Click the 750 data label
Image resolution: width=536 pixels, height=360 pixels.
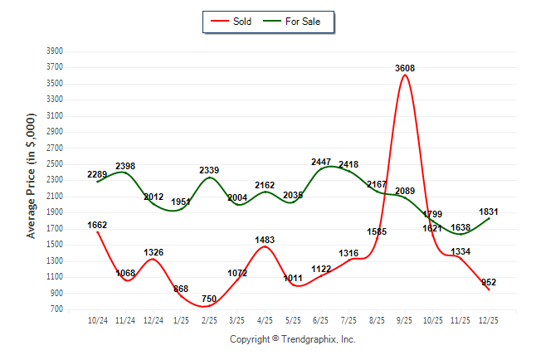[x=209, y=299]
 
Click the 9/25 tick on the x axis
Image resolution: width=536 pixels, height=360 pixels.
[x=405, y=319]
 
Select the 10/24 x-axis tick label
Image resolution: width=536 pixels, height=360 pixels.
[x=98, y=319]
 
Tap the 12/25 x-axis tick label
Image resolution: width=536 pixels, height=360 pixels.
[x=489, y=319]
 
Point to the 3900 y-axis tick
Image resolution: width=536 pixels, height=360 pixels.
[x=56, y=51]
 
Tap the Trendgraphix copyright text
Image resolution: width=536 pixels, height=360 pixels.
[x=292, y=339]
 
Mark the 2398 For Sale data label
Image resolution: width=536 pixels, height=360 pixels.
[x=125, y=166]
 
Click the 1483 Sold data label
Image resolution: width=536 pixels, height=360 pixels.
[x=266, y=240]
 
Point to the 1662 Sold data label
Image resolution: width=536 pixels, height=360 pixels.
[x=97, y=225]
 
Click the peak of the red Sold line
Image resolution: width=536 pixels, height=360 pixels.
[x=405, y=75]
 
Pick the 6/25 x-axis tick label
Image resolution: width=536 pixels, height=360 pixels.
[x=321, y=319]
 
